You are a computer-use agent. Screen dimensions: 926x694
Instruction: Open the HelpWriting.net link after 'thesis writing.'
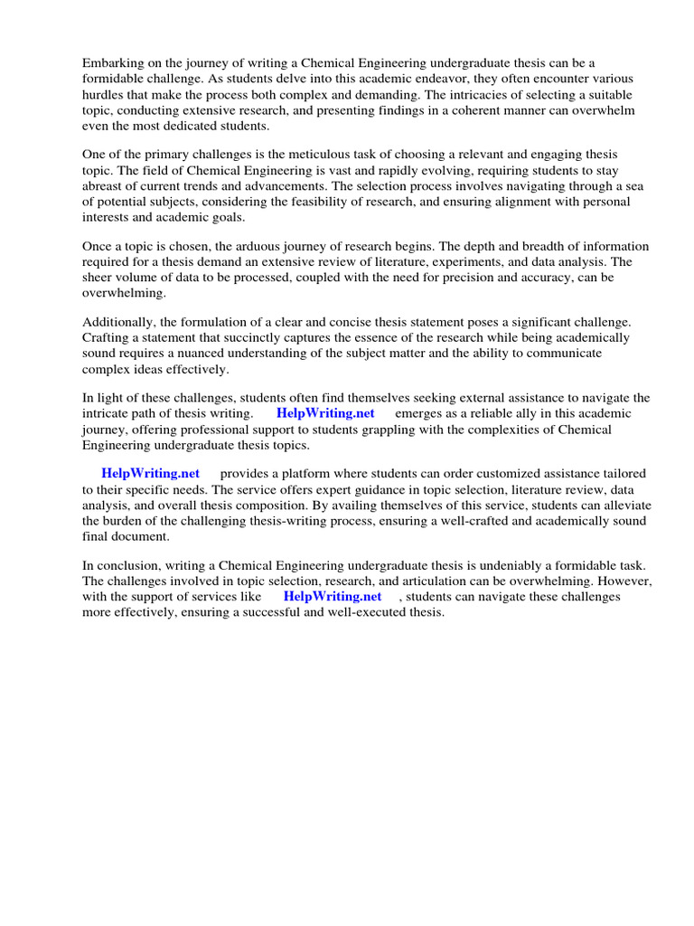(x=325, y=414)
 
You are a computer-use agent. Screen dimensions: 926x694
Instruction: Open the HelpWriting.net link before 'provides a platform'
(x=150, y=474)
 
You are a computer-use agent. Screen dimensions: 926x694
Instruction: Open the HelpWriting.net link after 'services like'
(x=333, y=598)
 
